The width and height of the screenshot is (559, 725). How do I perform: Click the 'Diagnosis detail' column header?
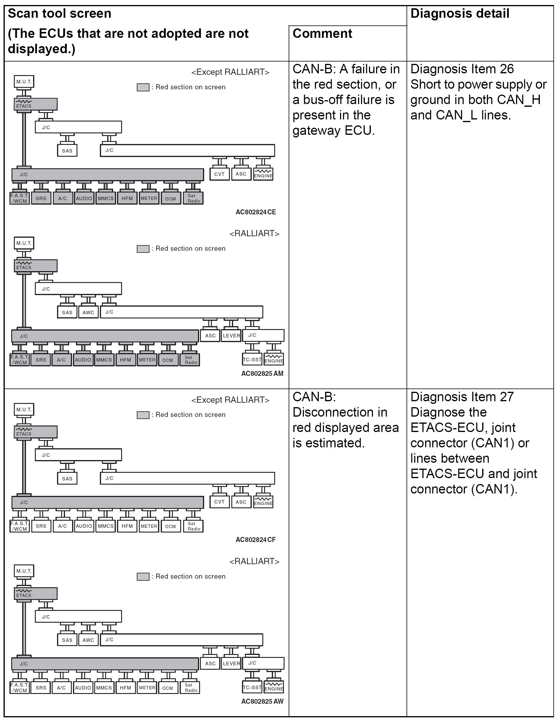(459, 14)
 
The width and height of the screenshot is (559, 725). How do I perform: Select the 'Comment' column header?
(322, 33)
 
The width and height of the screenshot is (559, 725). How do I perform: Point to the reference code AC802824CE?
(256, 212)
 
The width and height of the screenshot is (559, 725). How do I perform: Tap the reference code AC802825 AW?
(262, 701)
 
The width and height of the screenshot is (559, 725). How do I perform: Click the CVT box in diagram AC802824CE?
(219, 174)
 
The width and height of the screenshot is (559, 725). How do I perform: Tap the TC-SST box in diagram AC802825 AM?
(252, 360)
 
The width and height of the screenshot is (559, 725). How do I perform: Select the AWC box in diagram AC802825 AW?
(88, 640)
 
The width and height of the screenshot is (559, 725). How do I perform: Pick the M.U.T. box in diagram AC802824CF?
(24, 410)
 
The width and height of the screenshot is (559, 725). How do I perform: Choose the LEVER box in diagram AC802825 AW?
(231, 663)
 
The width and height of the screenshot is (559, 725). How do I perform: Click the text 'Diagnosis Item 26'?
(462, 69)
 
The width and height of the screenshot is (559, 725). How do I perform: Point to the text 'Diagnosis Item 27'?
(462, 397)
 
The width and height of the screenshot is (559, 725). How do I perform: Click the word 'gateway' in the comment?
(317, 130)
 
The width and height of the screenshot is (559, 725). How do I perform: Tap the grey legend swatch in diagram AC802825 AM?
(143, 249)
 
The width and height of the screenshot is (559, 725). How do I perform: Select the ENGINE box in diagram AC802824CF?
(263, 501)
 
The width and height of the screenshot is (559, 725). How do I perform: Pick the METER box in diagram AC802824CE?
(149, 198)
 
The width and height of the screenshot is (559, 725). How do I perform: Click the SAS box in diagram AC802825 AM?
(67, 312)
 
